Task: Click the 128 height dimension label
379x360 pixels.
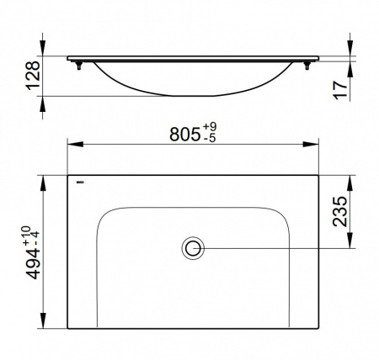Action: point(33,76)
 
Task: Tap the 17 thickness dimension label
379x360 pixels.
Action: point(340,90)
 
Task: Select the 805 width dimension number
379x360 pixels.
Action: point(184,135)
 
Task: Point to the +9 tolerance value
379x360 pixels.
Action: point(210,127)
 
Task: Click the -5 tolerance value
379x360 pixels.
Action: point(209,138)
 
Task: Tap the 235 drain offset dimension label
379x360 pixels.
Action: point(339,212)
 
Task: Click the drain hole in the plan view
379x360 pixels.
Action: point(193,248)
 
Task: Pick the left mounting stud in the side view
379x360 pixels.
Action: point(79,66)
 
